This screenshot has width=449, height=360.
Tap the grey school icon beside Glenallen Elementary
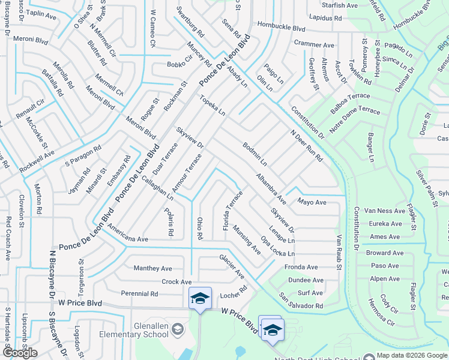[x=177, y=328]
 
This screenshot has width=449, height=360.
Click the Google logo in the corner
[x=20, y=352]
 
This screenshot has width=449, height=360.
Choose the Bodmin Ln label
[x=255, y=154]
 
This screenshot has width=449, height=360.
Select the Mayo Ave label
[x=312, y=202]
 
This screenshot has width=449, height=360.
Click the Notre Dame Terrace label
[x=355, y=115]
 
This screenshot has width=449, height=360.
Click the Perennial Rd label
[x=139, y=294]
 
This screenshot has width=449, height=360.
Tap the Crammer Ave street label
[x=314, y=44]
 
